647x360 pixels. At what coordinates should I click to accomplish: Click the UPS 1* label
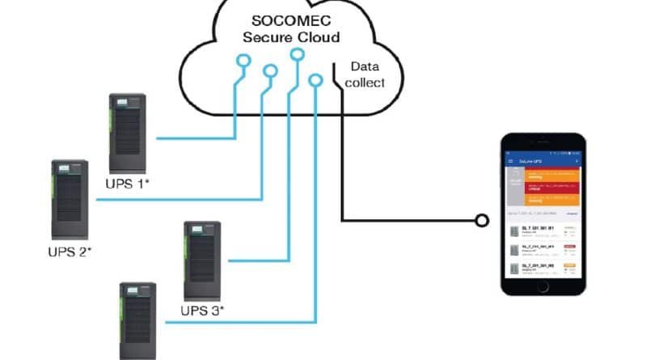coord(129,184)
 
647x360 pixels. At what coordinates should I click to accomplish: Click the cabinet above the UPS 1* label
coord(128,133)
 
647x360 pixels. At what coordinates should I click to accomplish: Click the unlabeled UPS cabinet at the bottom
coord(137,320)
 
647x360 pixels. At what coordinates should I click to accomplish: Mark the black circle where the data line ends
coord(482,219)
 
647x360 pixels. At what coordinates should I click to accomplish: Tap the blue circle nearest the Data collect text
coord(316,79)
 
